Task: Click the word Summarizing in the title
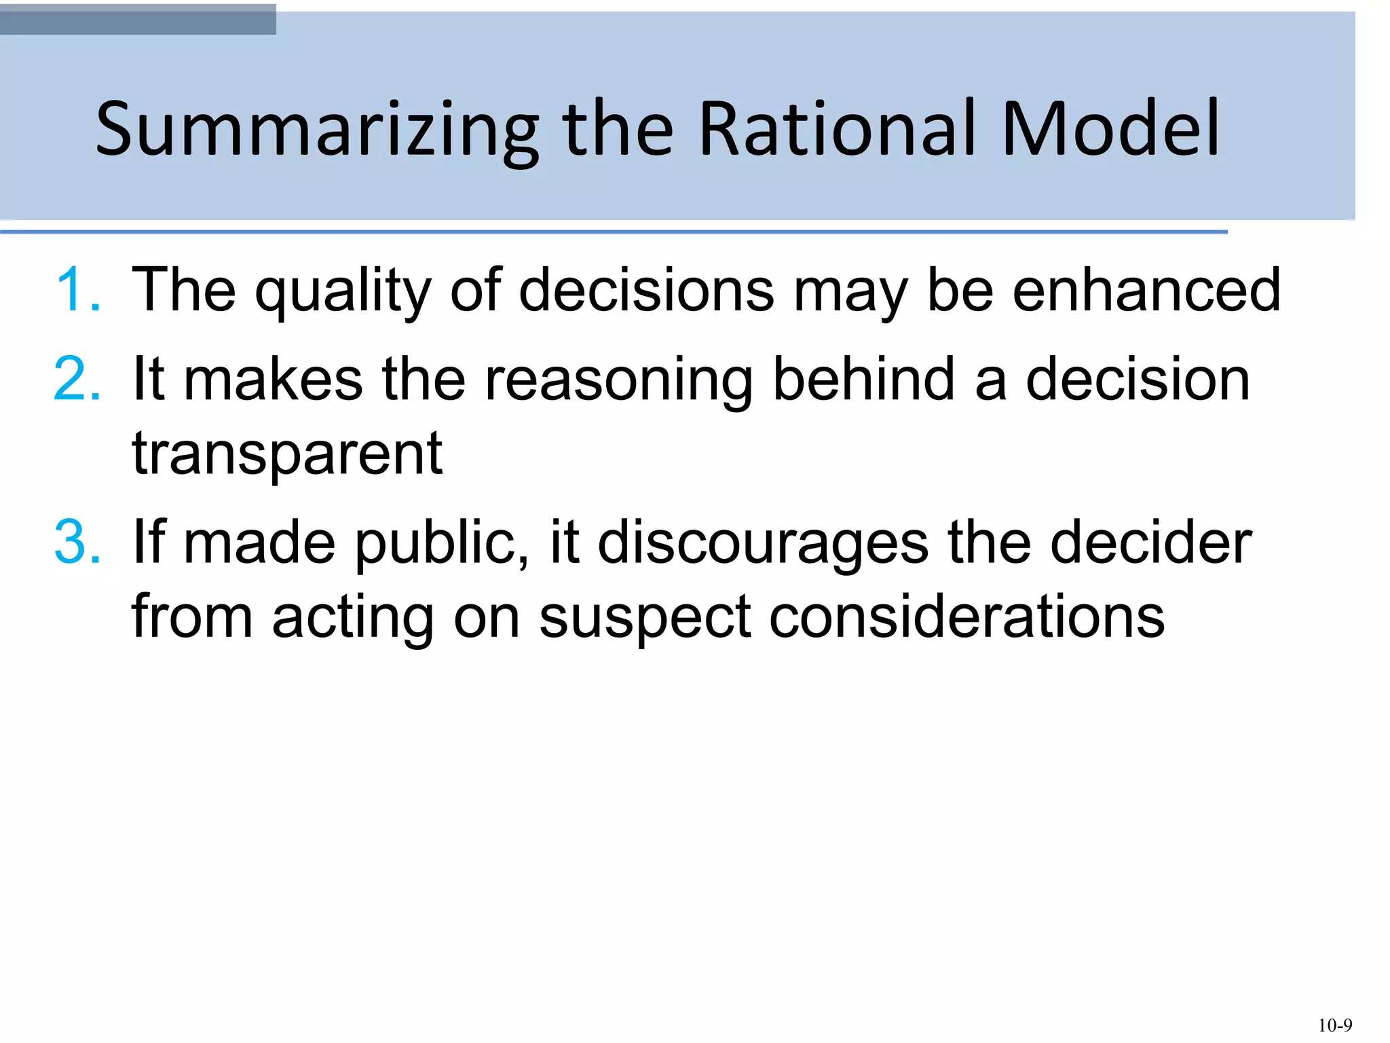pyautogui.click(x=316, y=129)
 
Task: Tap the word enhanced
pyautogui.click(x=1146, y=290)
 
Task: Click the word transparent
pyautogui.click(x=287, y=454)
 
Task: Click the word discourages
pyautogui.click(x=763, y=544)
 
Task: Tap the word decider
pyautogui.click(x=1150, y=543)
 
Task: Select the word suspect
pyautogui.click(x=645, y=619)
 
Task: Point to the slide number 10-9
pyautogui.click(x=1334, y=1025)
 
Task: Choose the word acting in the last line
pyautogui.click(x=353, y=619)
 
